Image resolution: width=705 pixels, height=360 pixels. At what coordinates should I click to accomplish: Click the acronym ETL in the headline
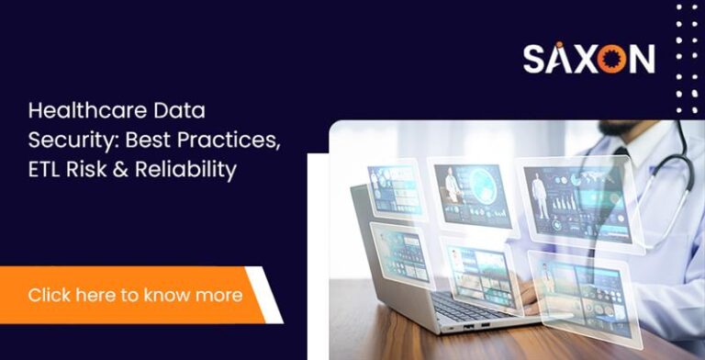click(x=44, y=169)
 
